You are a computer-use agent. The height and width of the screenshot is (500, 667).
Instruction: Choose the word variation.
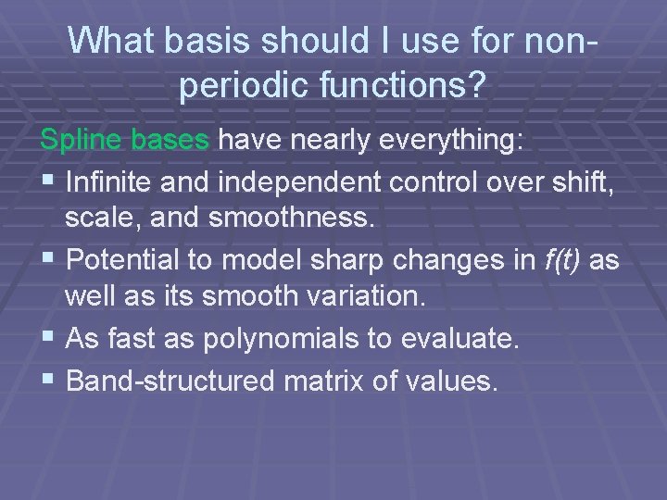(x=370, y=299)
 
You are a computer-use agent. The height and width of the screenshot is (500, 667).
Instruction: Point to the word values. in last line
(x=457, y=379)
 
